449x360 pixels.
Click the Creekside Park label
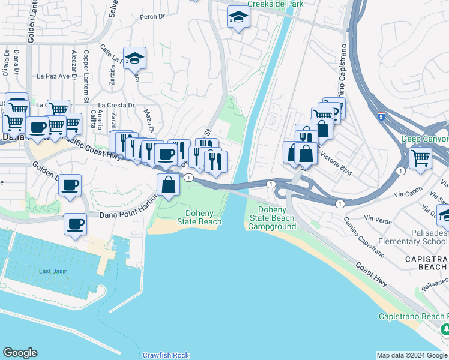[x=277, y=4]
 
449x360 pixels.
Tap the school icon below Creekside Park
[x=238, y=18]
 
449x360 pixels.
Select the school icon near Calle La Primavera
[x=135, y=59]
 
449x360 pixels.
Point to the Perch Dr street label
[x=152, y=17]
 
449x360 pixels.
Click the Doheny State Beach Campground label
[x=272, y=218]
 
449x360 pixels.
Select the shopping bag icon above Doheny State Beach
[x=169, y=185]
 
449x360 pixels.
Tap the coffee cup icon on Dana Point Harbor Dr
[x=75, y=224]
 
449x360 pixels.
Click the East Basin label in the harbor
[x=53, y=271]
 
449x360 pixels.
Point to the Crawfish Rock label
[x=166, y=355]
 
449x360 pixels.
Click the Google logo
[x=20, y=353]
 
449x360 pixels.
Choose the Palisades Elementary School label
[x=417, y=237]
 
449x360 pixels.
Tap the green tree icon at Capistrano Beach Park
[x=445, y=329]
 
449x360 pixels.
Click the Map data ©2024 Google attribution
[x=412, y=355]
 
